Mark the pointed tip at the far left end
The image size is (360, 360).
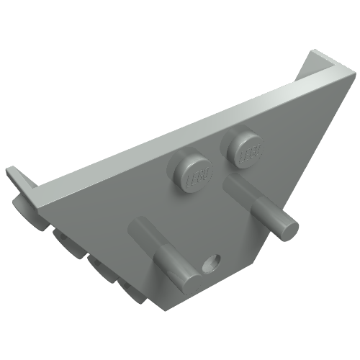pyautogui.click(x=10, y=173)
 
